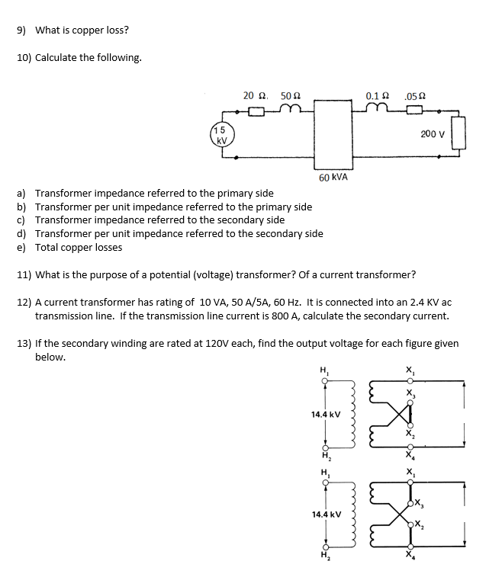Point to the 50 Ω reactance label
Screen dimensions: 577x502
(x=291, y=96)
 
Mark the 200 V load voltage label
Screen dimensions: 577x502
(x=432, y=134)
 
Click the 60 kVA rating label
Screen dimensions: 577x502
(x=333, y=177)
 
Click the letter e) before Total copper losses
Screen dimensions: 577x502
(x=22, y=247)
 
